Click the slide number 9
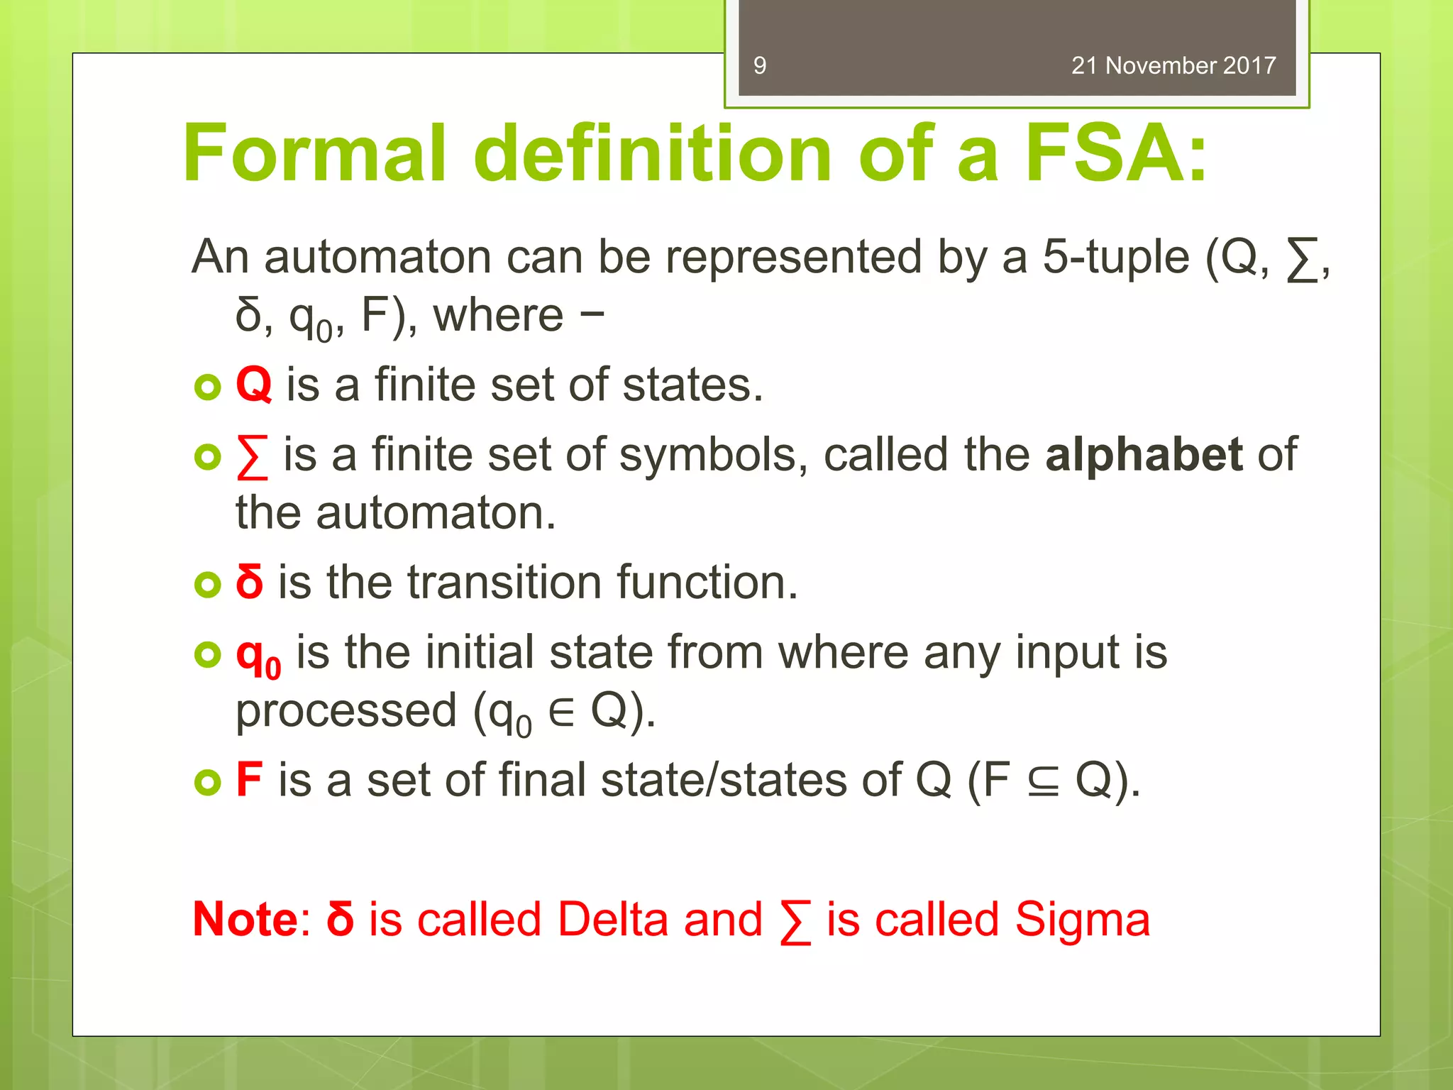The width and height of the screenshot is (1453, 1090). click(760, 66)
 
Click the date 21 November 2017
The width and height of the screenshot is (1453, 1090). click(1173, 66)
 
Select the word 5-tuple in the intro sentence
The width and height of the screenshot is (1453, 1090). click(1115, 257)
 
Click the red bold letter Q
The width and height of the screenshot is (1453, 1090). click(253, 385)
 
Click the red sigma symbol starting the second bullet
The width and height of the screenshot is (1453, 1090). click(253, 456)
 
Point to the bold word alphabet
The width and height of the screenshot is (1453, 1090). click(1144, 454)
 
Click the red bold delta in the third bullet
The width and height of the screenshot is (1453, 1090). click(250, 582)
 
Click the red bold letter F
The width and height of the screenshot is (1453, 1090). click(249, 780)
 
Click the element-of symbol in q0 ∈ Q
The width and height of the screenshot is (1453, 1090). click(561, 712)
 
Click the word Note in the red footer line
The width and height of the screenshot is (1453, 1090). click(246, 920)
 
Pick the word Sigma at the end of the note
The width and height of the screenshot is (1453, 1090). click(1082, 920)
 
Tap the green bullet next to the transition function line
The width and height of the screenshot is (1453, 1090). click(207, 584)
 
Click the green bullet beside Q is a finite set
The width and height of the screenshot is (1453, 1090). click(207, 387)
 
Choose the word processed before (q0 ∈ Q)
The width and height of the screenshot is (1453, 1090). click(346, 711)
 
